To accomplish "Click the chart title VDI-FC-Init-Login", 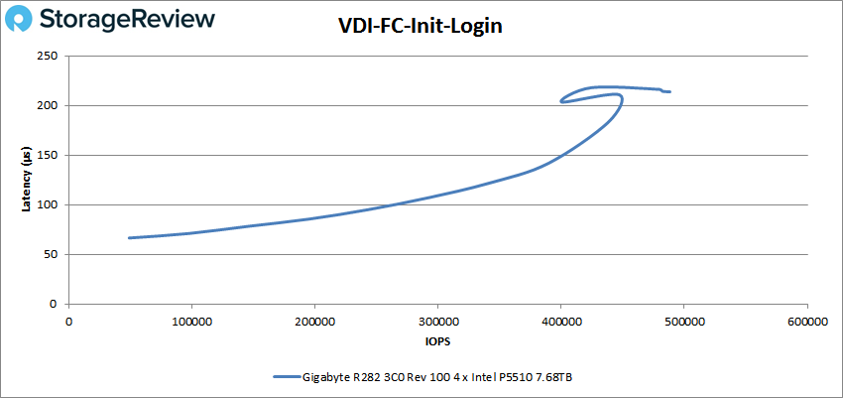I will [421, 27].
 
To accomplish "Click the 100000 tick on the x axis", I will [191, 321].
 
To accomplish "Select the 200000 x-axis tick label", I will [314, 321].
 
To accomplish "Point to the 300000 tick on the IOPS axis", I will [437, 321].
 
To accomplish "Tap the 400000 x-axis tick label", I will [560, 321].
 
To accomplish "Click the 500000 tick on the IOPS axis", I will [683, 321].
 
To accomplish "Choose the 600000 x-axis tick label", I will [806, 321].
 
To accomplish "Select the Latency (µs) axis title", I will [28, 180].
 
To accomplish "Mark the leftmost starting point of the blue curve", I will [130, 238].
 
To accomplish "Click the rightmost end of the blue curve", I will [670, 92].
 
